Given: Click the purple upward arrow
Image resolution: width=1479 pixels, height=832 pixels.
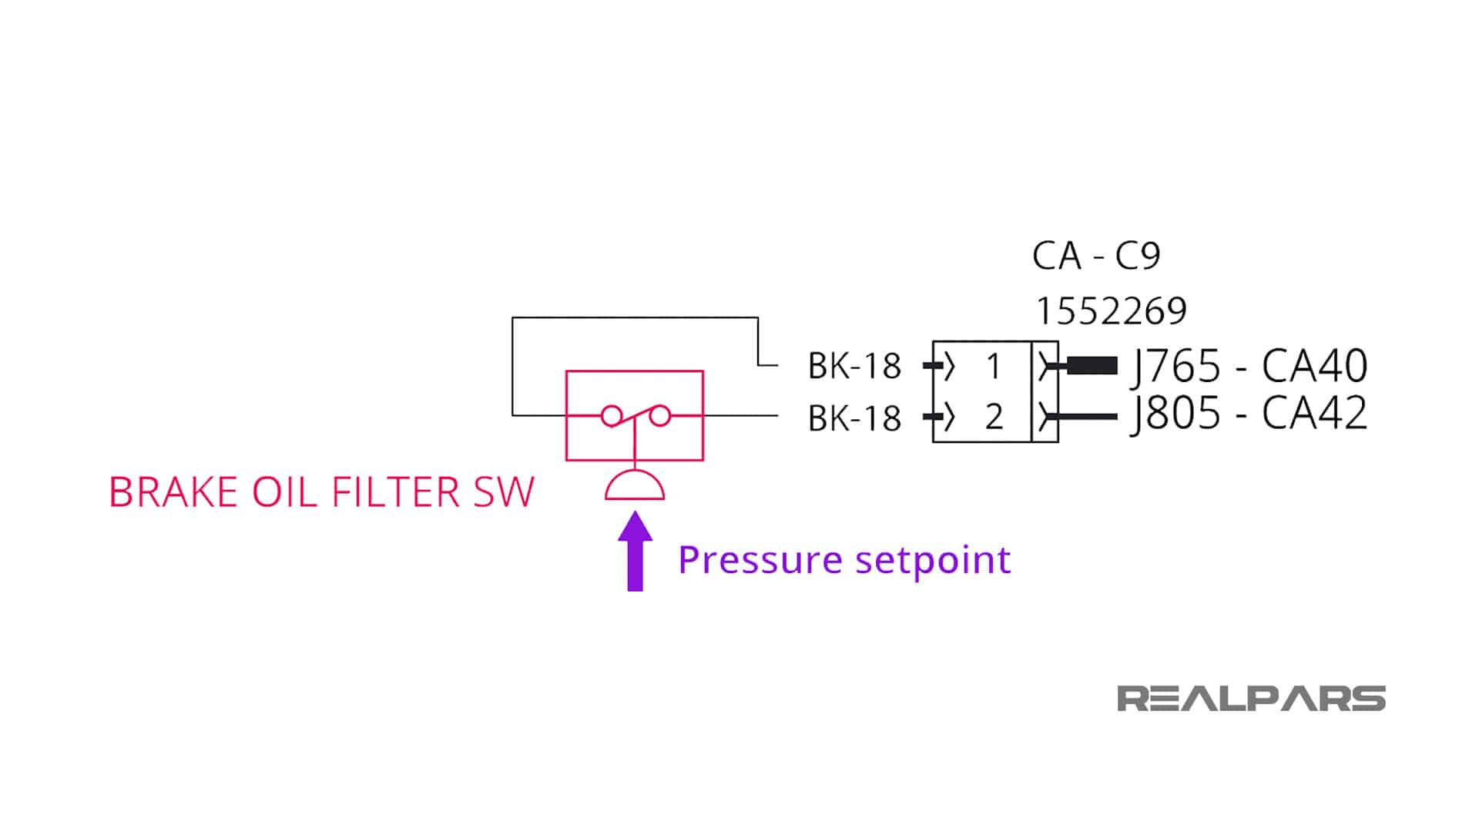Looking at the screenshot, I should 635,552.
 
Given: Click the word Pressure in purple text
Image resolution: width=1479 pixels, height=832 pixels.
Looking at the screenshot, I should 760,560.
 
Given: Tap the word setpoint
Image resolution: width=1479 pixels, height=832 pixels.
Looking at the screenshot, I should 933,560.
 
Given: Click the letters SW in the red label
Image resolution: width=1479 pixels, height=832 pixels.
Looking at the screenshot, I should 504,492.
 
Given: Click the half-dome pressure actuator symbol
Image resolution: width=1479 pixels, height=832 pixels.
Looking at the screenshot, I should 635,486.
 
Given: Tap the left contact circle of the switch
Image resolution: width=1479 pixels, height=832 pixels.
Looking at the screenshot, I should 612,417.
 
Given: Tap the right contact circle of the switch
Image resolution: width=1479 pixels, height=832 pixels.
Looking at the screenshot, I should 660,417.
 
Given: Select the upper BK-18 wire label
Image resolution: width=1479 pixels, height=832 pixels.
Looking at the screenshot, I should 854,367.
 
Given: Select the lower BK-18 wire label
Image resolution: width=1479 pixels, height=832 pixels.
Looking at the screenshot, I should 854,418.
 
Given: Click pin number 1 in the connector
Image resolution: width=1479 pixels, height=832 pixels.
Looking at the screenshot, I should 994,367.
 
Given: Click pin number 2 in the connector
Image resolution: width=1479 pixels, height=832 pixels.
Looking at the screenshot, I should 994,418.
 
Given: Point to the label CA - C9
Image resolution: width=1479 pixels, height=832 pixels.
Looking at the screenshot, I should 1095,256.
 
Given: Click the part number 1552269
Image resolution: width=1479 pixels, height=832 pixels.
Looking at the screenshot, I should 1111,311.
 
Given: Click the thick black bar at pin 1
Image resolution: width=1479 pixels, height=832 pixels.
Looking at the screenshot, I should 1092,366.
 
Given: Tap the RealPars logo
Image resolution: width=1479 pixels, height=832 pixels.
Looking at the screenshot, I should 1251,699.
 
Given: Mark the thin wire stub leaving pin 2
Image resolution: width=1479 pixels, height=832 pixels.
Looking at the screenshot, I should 1088,417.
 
